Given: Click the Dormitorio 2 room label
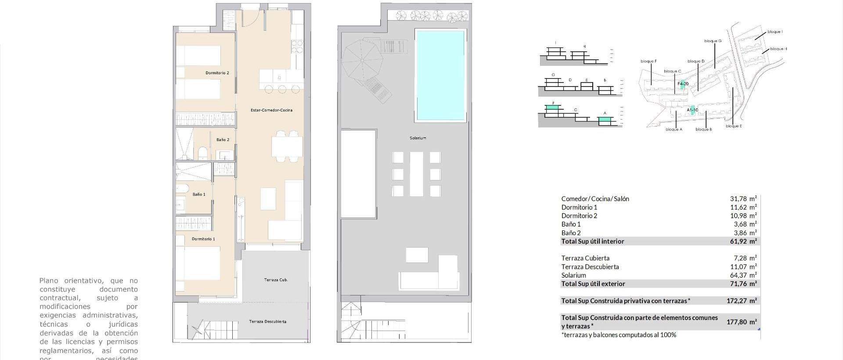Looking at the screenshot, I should point(217,73).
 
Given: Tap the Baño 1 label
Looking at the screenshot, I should point(198,194).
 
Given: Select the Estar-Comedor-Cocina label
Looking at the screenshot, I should point(271,110).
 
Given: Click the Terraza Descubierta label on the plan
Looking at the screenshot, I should point(267,322).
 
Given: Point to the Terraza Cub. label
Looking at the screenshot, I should point(276,280).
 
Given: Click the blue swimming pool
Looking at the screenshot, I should point(440,75).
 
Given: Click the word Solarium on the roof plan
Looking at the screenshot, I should point(418,138).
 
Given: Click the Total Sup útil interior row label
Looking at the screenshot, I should point(592,241).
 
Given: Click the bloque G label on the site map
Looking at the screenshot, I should point(713,41).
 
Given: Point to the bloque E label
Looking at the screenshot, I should point(734,126).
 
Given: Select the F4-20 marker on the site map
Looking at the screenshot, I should point(683,83).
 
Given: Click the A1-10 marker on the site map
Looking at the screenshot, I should point(692,110).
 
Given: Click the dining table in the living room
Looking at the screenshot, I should point(287,147).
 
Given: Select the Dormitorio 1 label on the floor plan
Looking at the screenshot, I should point(203,239).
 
